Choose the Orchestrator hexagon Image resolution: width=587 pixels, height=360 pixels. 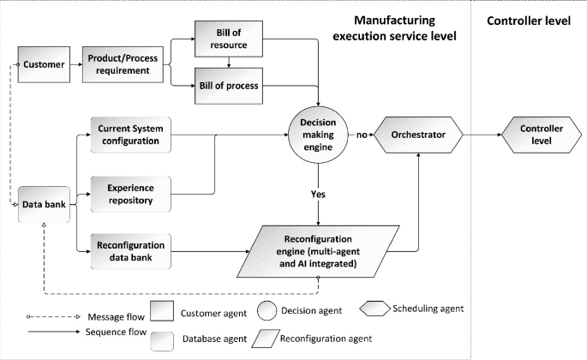point(419,135)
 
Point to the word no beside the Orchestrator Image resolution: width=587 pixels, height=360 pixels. point(362,135)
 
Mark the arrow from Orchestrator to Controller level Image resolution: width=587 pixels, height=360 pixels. point(479,135)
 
